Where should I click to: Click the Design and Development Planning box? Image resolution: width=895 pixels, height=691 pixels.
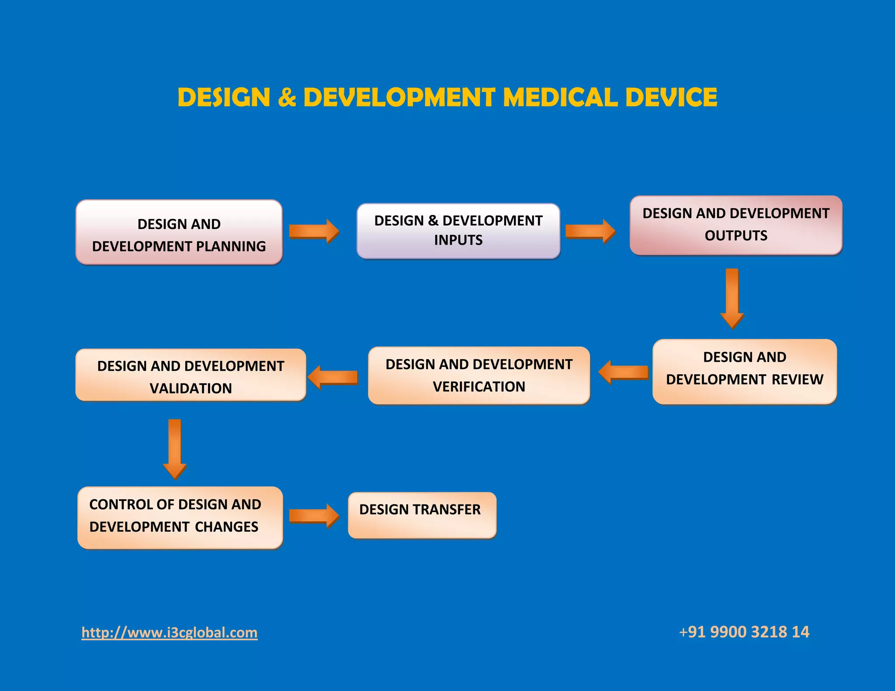click(179, 232)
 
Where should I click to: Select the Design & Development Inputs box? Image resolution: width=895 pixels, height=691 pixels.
click(458, 231)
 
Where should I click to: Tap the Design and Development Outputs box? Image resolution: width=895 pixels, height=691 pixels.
click(736, 225)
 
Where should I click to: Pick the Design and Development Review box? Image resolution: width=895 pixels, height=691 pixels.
click(745, 372)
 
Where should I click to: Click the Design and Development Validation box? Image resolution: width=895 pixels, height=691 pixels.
click(191, 375)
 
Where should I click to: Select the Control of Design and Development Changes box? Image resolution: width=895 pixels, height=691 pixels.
click(180, 518)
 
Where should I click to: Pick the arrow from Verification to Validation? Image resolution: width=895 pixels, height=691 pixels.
click(333, 377)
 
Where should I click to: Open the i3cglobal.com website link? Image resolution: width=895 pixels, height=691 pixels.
click(170, 632)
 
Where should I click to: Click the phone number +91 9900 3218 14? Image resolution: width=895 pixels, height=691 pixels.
click(744, 632)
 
